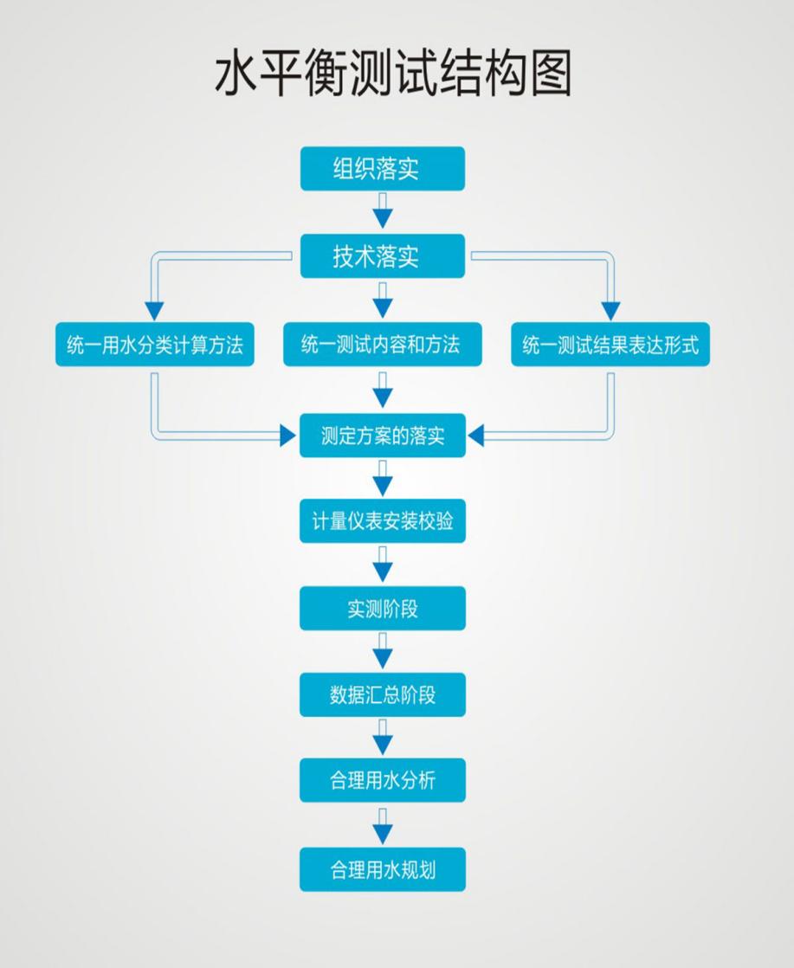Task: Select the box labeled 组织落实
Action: (382, 168)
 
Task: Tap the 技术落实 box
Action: (382, 256)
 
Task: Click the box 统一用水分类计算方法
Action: (155, 345)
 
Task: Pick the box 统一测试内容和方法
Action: (382, 345)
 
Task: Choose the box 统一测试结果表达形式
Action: (610, 345)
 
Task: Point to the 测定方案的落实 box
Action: (382, 435)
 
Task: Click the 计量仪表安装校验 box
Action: (382, 521)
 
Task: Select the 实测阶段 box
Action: (382, 608)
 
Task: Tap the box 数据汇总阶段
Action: (382, 694)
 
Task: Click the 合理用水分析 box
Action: (382, 780)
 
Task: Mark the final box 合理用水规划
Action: (382, 868)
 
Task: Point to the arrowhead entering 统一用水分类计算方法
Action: (154, 310)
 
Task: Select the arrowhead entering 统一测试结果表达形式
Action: (610, 310)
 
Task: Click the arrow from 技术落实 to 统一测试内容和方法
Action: (382, 300)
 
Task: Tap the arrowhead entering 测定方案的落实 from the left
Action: (287, 436)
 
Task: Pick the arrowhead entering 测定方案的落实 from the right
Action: (476, 436)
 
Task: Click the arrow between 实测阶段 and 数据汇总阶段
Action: (382, 651)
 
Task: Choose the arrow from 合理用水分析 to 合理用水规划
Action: (382, 825)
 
